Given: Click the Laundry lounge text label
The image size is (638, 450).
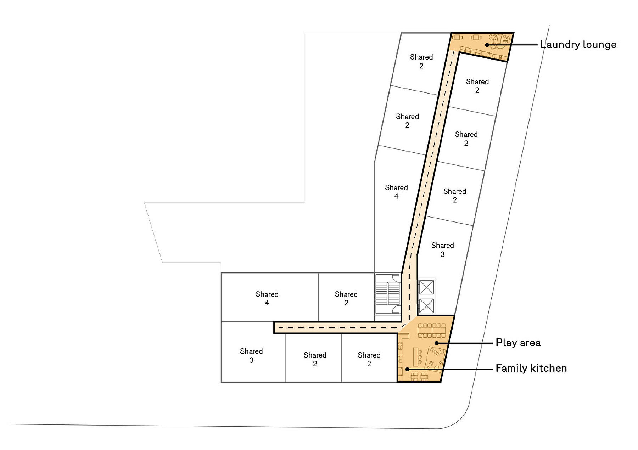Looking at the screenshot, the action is (578, 45).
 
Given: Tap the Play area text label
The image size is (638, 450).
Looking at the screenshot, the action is (518, 343).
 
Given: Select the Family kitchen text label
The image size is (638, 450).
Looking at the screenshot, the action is (531, 368).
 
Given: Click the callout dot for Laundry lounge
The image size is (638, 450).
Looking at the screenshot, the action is (487, 45).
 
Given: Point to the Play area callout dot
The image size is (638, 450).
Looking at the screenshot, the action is (437, 343).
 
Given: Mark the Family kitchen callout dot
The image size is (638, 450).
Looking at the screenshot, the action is (407, 369).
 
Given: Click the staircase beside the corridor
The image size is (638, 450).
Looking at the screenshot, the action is (388, 294).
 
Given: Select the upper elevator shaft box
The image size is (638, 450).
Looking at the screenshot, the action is (426, 287).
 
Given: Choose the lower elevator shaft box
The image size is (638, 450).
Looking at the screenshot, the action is (426, 306).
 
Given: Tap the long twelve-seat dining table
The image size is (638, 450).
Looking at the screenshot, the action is (432, 330).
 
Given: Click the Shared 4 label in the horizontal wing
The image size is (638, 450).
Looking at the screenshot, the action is (267, 298).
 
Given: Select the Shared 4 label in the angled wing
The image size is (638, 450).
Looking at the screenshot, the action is (396, 192).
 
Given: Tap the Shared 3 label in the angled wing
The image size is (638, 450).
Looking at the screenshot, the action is (442, 250).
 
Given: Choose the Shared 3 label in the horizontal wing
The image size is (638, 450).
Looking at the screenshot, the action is (251, 355).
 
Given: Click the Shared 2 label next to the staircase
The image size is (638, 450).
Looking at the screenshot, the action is (346, 298).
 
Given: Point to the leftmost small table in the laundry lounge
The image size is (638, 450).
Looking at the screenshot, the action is (458, 37).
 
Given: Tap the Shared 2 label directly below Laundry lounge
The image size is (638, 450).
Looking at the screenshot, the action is (477, 86).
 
